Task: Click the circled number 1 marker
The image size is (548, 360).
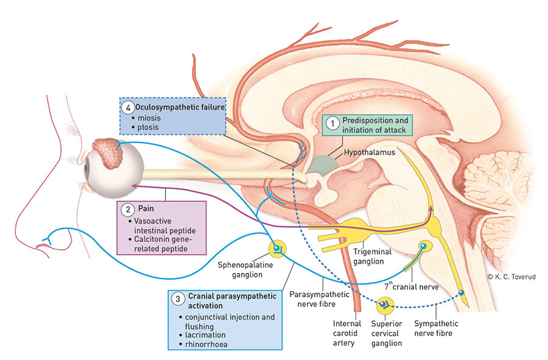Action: pos(332,122)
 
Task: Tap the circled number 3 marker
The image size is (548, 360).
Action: pos(177,298)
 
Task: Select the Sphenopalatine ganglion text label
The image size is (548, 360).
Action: pos(247,270)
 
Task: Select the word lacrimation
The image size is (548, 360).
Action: pos(202,334)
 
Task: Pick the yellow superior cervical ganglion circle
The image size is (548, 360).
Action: pos(385,304)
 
